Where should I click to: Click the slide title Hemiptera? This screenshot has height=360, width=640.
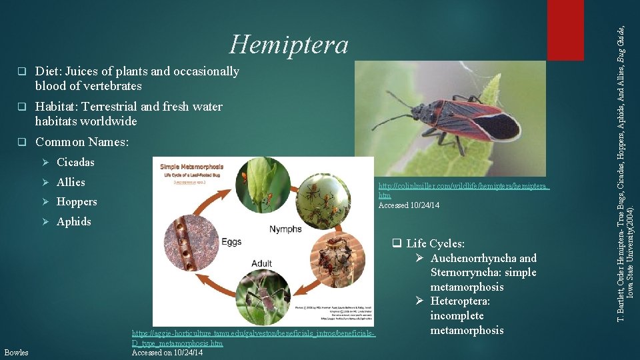click(x=289, y=45)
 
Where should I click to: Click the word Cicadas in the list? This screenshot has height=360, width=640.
click(x=75, y=162)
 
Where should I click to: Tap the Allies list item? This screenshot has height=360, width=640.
click(x=71, y=182)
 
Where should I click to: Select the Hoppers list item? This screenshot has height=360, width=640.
click(x=77, y=201)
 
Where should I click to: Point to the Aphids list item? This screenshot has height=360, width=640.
click(x=74, y=221)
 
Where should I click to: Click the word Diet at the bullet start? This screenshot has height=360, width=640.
click(x=47, y=71)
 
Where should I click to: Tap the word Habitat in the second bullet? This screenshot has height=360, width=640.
click(x=56, y=107)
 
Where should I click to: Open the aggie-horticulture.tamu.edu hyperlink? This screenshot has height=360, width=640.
click(x=253, y=333)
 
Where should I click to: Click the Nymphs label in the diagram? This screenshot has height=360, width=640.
click(x=286, y=229)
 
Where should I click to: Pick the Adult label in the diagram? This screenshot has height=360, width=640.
click(x=261, y=263)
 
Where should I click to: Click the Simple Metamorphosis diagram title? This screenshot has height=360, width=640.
click(x=192, y=166)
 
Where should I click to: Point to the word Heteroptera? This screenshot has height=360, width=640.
click(x=460, y=301)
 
